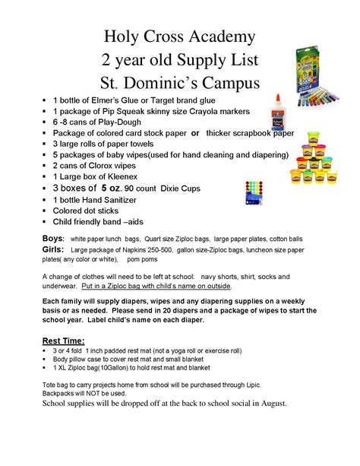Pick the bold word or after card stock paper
tap(195, 132)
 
